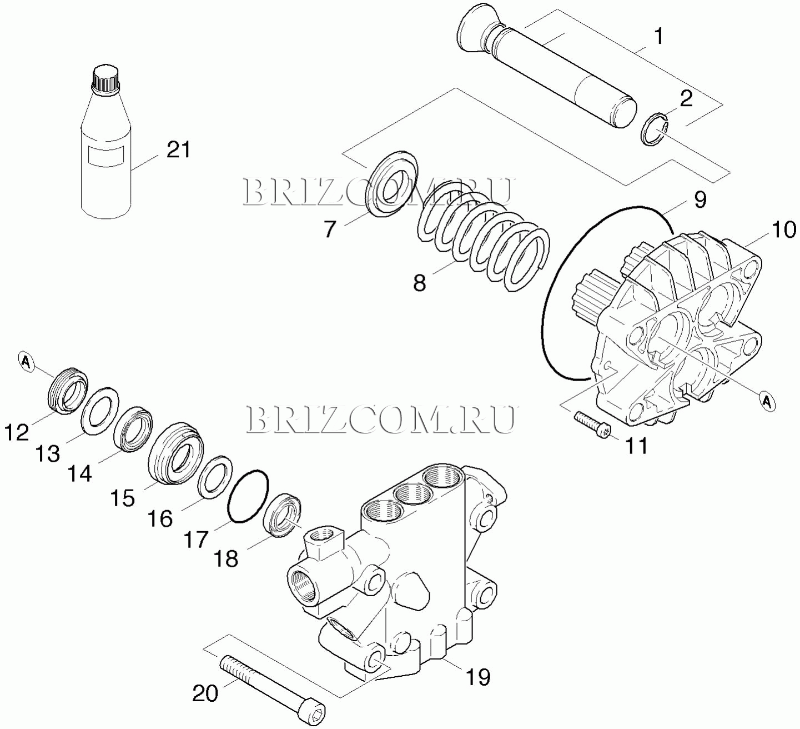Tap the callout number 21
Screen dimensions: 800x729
click(x=179, y=150)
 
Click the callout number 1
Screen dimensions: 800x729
click(x=658, y=37)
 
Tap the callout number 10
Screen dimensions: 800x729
click(x=783, y=231)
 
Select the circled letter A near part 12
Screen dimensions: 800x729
click(x=27, y=362)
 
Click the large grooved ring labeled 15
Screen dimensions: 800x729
click(x=176, y=453)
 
